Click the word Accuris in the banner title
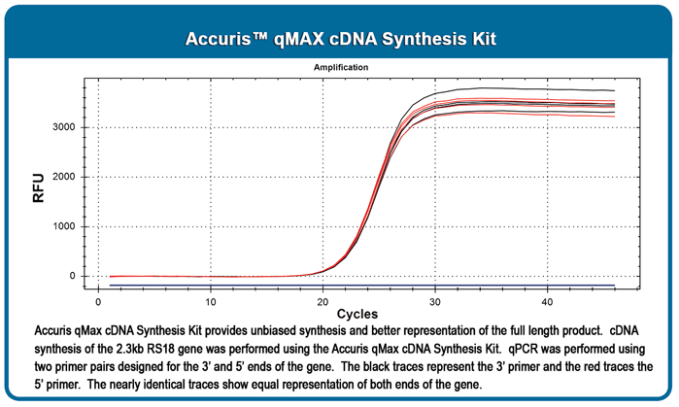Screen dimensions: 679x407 tap(218, 39)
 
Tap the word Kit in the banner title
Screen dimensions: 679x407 tap(483, 39)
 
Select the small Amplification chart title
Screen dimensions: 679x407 tap(341, 67)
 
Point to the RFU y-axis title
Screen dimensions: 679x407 tap(39, 187)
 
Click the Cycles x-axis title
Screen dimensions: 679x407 tap(357, 314)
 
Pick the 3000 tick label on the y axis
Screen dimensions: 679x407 tap(64, 127)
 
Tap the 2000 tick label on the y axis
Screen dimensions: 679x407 tap(64, 177)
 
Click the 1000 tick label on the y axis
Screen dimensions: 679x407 tap(64, 226)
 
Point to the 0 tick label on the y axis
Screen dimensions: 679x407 tap(72, 276)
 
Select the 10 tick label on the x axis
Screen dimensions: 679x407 tap(211, 302)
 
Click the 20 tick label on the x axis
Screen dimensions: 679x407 tap(323, 302)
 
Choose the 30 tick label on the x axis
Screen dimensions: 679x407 tap(435, 302)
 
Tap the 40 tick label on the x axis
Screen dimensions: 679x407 tap(547, 302)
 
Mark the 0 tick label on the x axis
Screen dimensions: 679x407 tap(98, 302)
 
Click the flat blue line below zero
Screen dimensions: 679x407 tap(362, 286)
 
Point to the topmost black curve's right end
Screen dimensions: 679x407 tap(615, 90)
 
